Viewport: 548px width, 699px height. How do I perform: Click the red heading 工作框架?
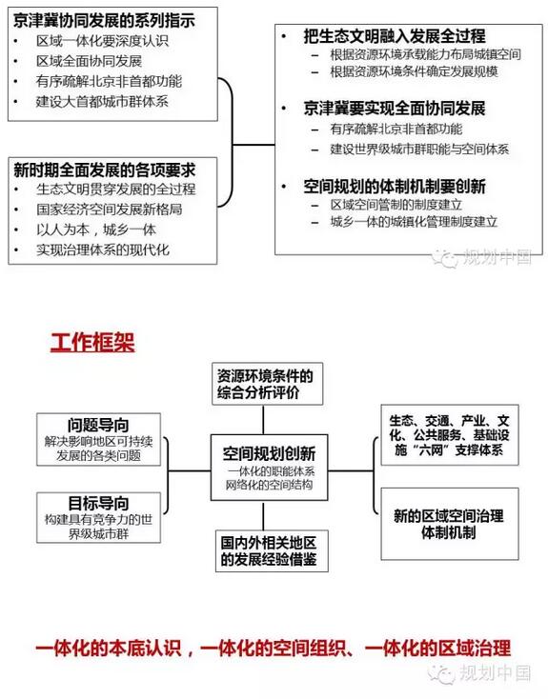[x=92, y=343]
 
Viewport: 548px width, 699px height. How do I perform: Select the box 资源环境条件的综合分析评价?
[x=267, y=384]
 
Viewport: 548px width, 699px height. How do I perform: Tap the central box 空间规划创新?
[x=269, y=468]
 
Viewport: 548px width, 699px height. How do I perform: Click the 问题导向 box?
[x=98, y=440]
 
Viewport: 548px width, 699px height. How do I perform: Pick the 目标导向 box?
[x=98, y=517]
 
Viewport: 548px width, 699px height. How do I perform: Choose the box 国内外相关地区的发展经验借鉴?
[x=272, y=551]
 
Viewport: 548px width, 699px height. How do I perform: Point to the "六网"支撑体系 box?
[x=450, y=435]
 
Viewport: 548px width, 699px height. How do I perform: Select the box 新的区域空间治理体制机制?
[x=450, y=524]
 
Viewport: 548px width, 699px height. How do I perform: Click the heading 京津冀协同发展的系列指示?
[x=104, y=21]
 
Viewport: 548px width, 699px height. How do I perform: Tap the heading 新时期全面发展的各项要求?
[x=104, y=170]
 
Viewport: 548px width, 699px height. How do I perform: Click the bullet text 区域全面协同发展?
[x=89, y=61]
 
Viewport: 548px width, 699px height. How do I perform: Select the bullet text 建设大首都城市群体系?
[x=102, y=102]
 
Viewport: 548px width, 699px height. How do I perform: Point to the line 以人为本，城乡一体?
[x=96, y=230]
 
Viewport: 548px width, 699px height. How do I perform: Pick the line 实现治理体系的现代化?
[x=103, y=250]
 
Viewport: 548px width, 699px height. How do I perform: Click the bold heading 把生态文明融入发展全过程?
[x=395, y=36]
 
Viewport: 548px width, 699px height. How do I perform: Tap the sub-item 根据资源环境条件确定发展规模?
[x=415, y=71]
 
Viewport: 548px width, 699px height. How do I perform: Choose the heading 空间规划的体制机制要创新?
[x=395, y=187]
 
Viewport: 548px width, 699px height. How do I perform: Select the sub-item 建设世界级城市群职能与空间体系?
[x=419, y=149]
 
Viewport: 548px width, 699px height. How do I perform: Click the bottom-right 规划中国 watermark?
[x=479, y=672]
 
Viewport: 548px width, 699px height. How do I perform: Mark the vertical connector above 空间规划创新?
[x=263, y=420]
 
